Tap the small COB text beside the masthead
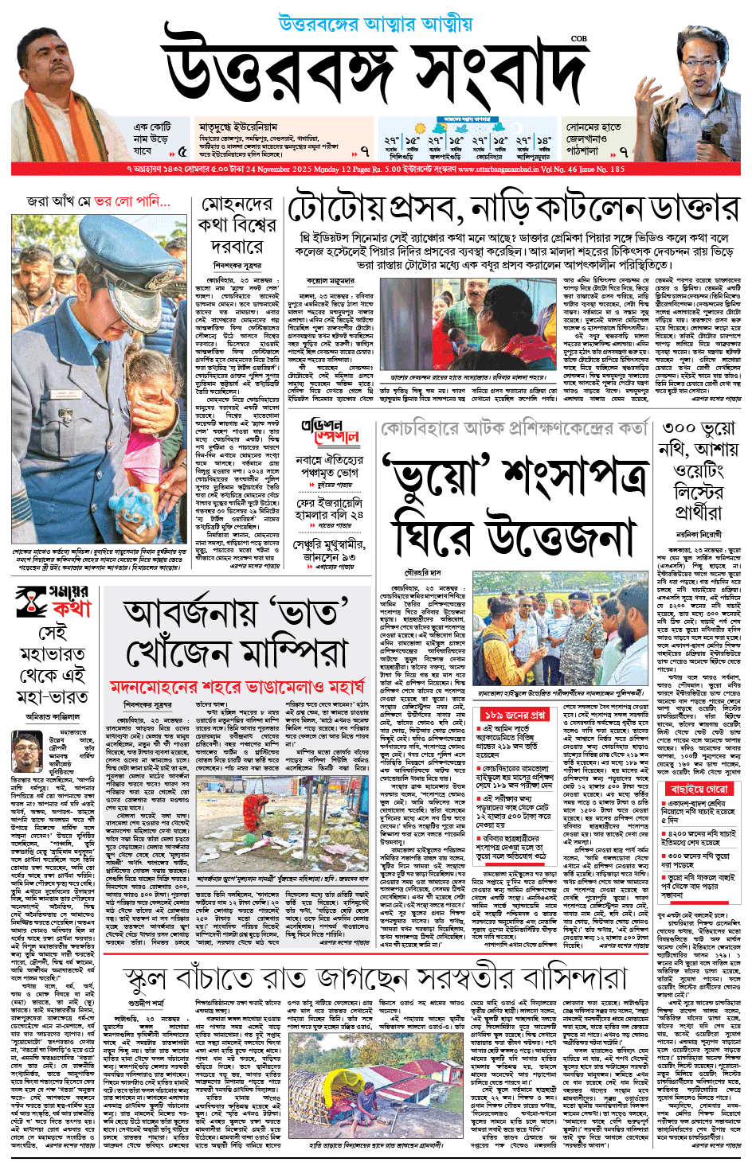pos(578,38)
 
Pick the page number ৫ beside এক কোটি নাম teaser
pos(182,151)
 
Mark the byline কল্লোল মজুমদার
pos(328,281)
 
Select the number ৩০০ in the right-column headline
pos(680,430)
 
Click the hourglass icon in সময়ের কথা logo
pos(31,602)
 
